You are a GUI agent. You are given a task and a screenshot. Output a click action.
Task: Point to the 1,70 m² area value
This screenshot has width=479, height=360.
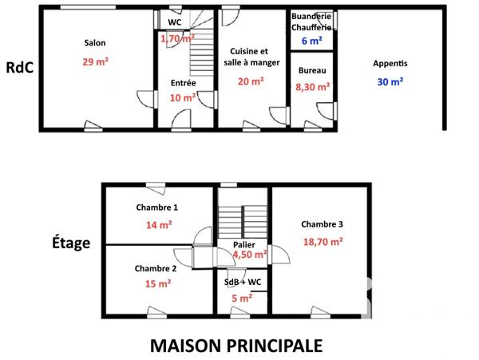tap(177, 38)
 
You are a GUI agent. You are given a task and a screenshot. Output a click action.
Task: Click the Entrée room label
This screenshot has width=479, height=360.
tap(183, 83)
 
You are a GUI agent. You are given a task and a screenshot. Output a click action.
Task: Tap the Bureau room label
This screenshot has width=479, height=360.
tap(312, 71)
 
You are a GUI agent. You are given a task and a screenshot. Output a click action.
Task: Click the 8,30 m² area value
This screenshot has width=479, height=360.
tap(312, 89)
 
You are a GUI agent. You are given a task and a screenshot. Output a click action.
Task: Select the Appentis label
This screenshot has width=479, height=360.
tap(390, 63)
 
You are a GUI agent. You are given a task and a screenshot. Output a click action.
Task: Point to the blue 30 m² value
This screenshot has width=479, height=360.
tap(390, 81)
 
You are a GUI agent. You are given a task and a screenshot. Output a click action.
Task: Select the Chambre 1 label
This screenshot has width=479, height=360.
tap(156, 208)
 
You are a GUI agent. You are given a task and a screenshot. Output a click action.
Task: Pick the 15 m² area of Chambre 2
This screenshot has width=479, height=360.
tap(158, 283)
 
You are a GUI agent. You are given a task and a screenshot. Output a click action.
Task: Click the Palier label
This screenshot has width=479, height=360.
tap(243, 244)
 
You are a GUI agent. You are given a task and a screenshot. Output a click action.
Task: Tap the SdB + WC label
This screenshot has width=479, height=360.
tap(242, 283)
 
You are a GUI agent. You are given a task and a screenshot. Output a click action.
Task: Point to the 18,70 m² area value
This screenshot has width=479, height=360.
tap(323, 241)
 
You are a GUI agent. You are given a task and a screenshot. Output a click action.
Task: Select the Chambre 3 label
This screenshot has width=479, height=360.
tap(323, 224)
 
